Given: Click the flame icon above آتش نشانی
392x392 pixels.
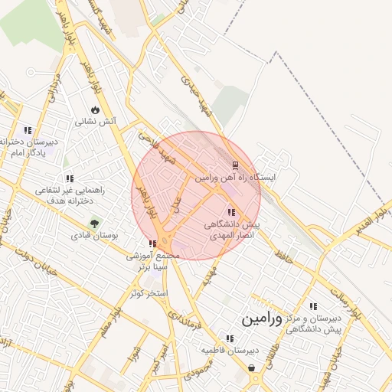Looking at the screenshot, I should point(95,109).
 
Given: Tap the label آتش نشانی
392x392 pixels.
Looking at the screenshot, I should point(95,122).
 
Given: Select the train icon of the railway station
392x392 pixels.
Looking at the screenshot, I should point(235,165).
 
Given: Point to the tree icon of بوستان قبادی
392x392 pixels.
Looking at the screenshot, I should point(95,224).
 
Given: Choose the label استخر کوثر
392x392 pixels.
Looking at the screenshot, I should point(147,293).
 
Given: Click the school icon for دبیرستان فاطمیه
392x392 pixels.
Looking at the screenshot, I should point(230,338).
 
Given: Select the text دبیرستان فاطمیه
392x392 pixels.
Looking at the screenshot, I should point(230,351).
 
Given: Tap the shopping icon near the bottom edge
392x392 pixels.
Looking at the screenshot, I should point(253,368).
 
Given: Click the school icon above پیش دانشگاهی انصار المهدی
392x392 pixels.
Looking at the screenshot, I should point(230,212).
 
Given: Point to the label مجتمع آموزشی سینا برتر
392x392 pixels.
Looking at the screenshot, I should point(153,261).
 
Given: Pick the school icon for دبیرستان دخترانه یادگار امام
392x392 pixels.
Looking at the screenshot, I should point(28,130).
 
